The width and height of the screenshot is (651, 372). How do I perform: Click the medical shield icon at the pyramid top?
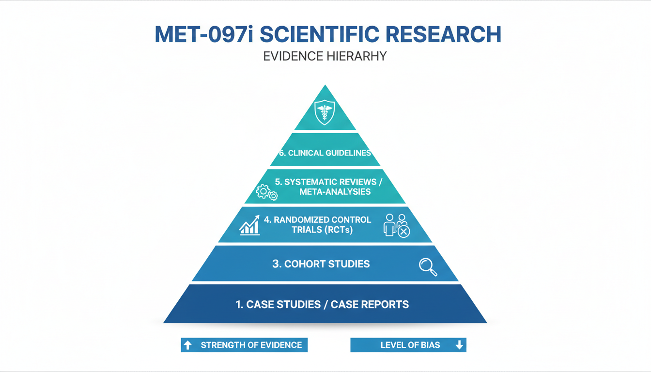tap(325, 112)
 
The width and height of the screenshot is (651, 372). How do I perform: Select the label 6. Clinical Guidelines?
tap(325, 153)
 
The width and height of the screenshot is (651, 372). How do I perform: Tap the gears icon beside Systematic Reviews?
tap(266, 192)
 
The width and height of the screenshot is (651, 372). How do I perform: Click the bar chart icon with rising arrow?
tap(250, 226)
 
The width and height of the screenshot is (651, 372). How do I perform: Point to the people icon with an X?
tap(396, 225)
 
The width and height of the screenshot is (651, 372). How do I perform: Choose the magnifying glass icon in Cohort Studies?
tap(428, 267)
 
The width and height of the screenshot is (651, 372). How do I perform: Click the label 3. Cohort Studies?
tap(321, 264)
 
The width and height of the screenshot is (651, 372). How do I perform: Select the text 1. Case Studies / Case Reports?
tap(322, 305)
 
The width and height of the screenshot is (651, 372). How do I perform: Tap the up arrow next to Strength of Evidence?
tap(188, 345)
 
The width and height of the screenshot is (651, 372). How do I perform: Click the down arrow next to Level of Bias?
tap(459, 345)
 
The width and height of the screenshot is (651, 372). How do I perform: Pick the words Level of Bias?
tap(410, 345)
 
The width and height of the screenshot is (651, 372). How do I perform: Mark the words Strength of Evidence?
tap(251, 345)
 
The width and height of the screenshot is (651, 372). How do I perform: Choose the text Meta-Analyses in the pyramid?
tap(335, 192)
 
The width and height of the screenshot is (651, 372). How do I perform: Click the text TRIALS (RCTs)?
tap(322, 230)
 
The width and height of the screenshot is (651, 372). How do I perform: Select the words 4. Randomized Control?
tap(317, 219)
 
